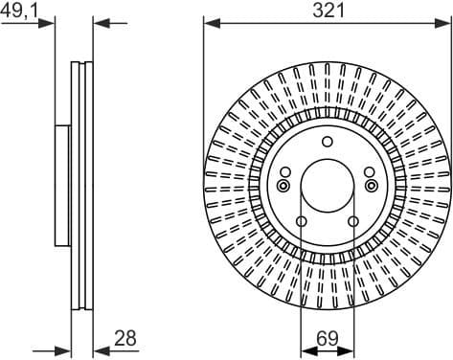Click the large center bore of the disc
click(328, 185)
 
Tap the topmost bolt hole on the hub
click(328, 143)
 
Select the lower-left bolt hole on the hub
click(302, 222)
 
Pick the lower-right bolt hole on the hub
click(353, 222)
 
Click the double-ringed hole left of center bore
click(283, 186)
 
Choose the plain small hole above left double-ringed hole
click(286, 172)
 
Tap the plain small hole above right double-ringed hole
click(369, 172)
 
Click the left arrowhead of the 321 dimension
click(210, 21)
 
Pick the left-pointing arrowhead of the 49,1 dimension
click(99, 21)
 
